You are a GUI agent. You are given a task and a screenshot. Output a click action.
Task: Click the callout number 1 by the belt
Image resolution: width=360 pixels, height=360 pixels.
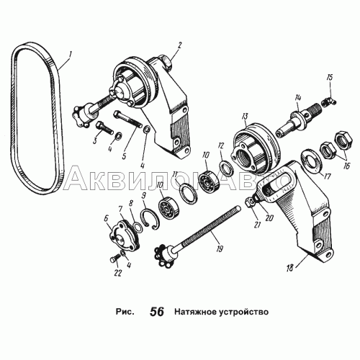tap(69, 55)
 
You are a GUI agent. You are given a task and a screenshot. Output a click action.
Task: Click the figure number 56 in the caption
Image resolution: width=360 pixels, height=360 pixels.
tap(157, 312)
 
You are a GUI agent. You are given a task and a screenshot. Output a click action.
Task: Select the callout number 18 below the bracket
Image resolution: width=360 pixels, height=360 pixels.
tap(290, 268)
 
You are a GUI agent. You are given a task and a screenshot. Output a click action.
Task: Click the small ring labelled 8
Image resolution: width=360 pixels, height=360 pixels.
tap(138, 227)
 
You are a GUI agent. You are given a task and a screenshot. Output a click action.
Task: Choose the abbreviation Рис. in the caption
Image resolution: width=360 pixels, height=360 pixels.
tap(125, 312)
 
